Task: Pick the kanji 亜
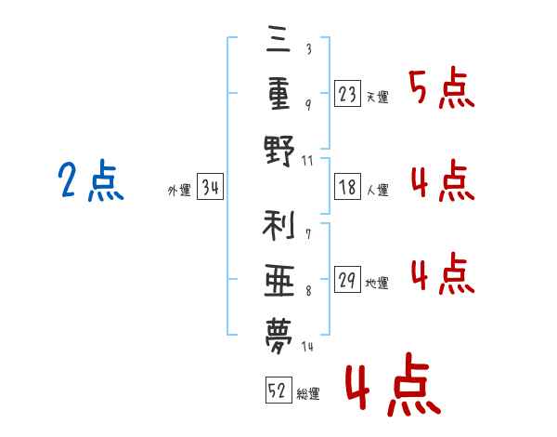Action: point(278,278)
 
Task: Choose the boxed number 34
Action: point(210,189)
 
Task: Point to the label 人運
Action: point(377,191)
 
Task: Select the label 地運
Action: point(377,283)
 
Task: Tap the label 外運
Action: point(179,191)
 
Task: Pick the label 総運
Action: point(308,393)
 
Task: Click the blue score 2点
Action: point(89,181)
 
